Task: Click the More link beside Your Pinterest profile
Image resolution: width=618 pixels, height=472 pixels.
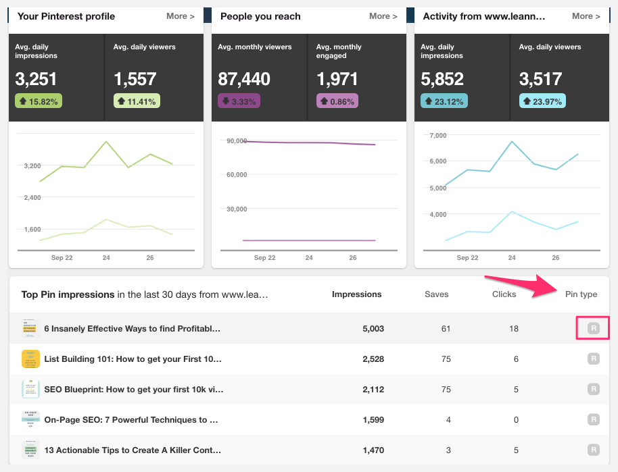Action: [x=180, y=16]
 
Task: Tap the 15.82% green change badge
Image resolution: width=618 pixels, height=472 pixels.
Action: [x=39, y=101]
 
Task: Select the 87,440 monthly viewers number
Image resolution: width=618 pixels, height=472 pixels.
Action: [x=244, y=79]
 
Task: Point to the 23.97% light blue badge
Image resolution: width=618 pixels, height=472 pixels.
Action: [x=542, y=101]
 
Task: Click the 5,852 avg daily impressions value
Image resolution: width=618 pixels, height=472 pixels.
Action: [x=442, y=79]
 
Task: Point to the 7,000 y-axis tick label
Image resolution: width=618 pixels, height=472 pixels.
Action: [x=438, y=135]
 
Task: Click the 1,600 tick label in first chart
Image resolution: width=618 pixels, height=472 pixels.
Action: [x=32, y=229]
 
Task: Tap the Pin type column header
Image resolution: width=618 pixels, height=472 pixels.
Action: [x=581, y=294]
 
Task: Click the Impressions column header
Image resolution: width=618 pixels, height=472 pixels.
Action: [x=356, y=294]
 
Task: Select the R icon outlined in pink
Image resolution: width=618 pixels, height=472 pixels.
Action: [x=593, y=329]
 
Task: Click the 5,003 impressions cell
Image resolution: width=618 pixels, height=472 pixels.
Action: [x=373, y=329]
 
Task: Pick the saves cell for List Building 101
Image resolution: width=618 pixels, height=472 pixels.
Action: [x=446, y=359]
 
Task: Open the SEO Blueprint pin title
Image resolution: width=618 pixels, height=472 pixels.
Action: [x=133, y=390]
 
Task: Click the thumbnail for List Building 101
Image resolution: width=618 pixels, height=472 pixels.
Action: [x=30, y=359]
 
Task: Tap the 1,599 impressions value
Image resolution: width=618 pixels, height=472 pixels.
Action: [x=373, y=420]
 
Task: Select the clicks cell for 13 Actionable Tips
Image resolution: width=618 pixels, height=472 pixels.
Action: [x=515, y=450]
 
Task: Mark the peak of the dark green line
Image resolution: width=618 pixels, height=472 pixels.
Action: [x=106, y=141]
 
